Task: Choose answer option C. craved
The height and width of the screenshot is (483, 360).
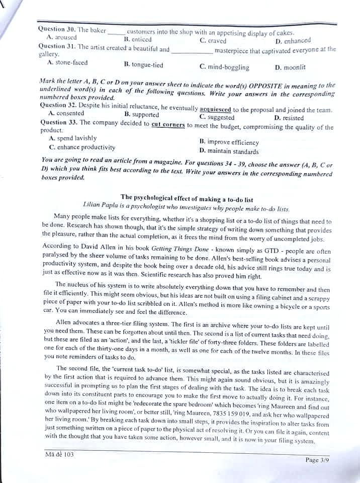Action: tap(213, 41)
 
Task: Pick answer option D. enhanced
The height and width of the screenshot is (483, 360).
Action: tap(293, 41)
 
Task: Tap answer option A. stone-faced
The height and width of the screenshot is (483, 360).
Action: tap(67, 63)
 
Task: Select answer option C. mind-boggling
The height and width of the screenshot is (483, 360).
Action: tap(224, 67)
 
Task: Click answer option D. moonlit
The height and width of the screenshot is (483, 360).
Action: tap(290, 67)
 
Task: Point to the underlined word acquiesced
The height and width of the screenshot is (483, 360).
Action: tap(215, 109)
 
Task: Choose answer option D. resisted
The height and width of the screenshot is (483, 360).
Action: tap(289, 118)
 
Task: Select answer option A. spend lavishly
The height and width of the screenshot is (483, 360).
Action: tap(73, 138)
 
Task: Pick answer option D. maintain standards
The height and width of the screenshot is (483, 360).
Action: tap(229, 151)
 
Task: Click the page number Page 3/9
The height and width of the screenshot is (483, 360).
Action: tap(319, 460)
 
